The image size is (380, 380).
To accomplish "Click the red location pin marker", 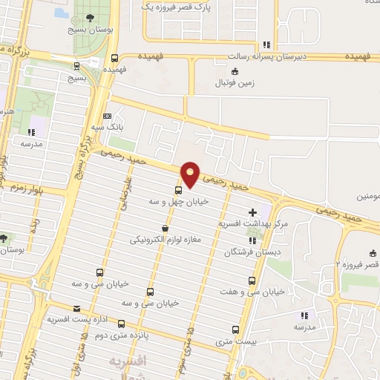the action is (x=190, y=174).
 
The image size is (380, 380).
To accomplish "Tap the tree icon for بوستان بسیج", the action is (x=90, y=19).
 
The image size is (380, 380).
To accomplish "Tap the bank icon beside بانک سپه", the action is (x=108, y=117).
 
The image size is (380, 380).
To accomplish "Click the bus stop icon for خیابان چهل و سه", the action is (x=178, y=189).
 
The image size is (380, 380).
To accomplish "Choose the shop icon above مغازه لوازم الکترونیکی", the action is (x=164, y=229).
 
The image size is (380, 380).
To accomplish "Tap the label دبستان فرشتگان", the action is (x=249, y=252).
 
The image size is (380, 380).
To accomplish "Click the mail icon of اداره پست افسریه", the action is (x=76, y=308).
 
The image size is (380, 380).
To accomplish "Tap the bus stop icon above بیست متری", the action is (x=236, y=330).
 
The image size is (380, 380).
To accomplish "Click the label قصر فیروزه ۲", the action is (x=358, y=264).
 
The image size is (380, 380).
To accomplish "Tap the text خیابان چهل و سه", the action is (x=179, y=200).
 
